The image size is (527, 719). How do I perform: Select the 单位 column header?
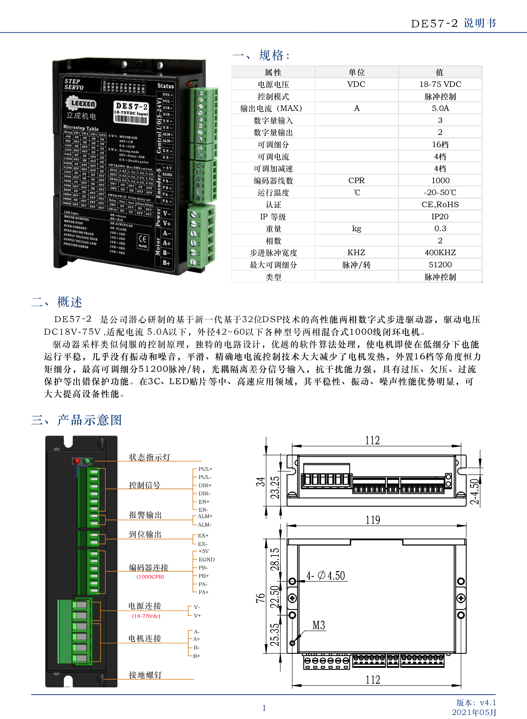coord(356,72)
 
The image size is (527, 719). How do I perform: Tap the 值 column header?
coord(440,72)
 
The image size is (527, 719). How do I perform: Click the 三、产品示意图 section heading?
coord(76,420)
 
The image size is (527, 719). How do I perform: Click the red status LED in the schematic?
coord(76,461)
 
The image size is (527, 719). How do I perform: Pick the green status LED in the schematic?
coord(86,461)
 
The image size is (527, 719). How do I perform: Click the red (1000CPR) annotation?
coord(150,577)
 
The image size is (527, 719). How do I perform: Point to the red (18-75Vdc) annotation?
coord(146,616)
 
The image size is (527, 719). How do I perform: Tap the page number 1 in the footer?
coord(264,708)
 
